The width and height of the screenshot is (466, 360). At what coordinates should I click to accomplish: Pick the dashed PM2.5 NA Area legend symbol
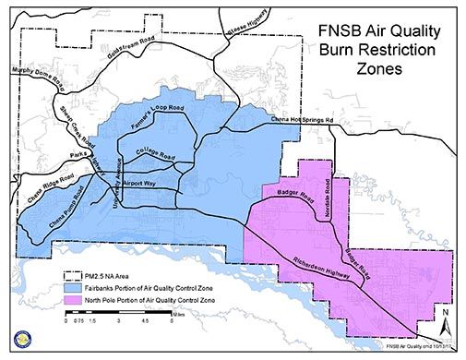71,275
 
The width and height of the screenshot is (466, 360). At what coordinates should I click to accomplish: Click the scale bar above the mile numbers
120,317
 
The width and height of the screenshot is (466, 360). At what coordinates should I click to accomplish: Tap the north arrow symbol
445,323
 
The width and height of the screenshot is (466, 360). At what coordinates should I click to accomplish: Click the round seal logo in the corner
18,342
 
